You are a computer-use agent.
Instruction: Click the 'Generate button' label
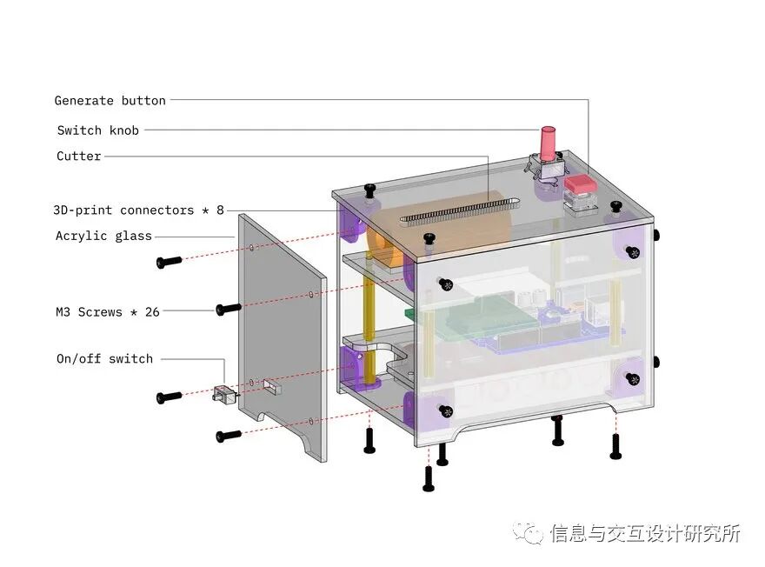[110, 101]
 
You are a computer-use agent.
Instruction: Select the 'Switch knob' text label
[97, 130]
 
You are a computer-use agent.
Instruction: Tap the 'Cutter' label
[79, 157]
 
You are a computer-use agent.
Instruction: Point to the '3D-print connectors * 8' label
[138, 210]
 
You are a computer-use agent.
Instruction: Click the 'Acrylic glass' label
[103, 236]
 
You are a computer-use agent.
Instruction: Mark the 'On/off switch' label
[104, 358]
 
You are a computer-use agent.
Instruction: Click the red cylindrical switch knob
[549, 144]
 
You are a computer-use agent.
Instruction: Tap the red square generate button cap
[579, 184]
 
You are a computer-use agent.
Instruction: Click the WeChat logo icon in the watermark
[528, 532]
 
